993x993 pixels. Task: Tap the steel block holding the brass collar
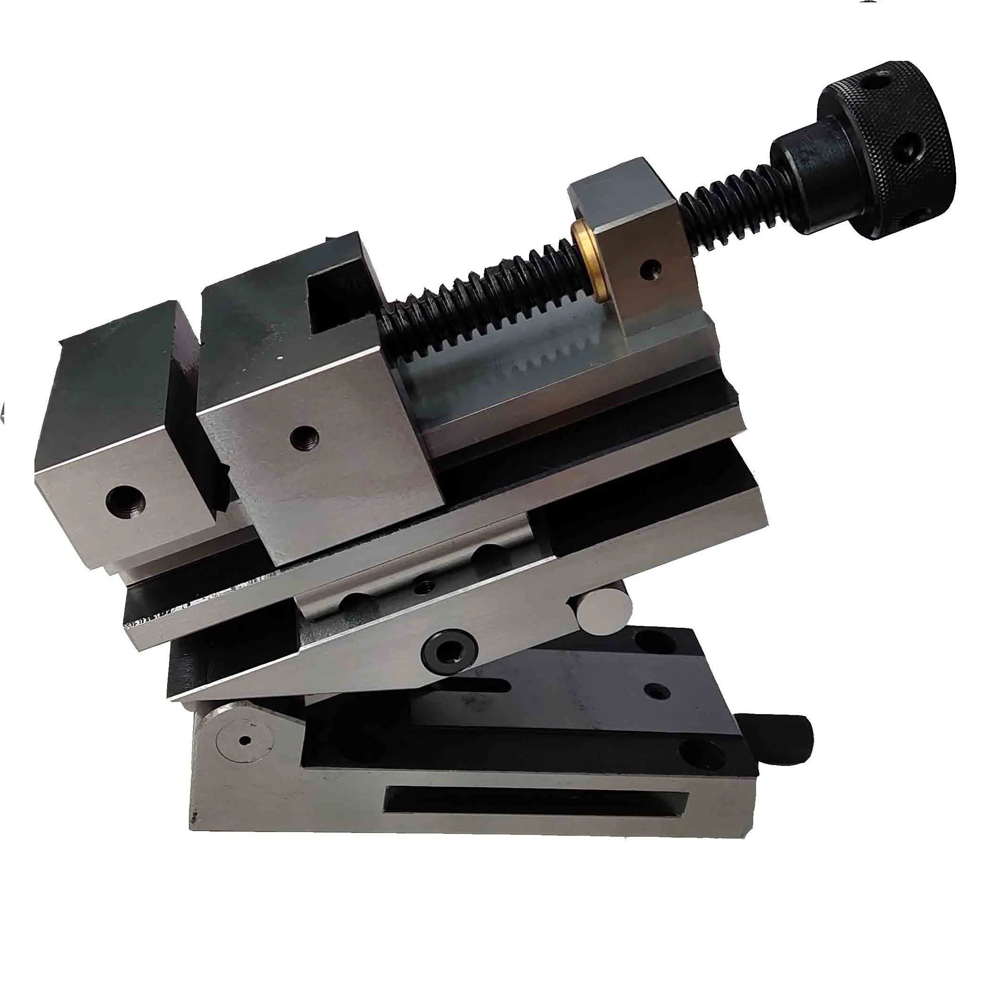(x=637, y=247)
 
